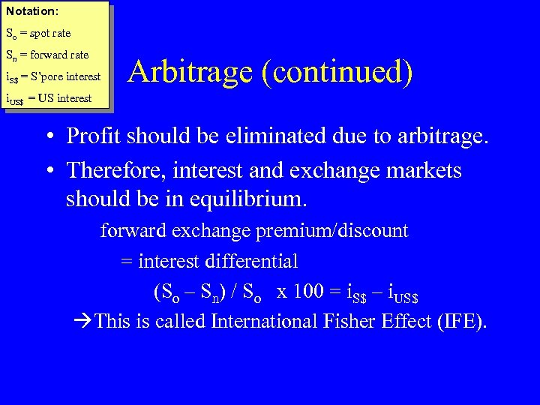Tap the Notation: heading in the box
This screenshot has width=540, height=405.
click(32, 11)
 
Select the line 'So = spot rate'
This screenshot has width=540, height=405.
click(38, 34)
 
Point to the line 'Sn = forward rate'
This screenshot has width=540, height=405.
click(47, 55)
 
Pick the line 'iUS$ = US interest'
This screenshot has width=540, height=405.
click(49, 98)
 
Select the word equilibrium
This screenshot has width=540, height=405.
click(255, 200)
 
